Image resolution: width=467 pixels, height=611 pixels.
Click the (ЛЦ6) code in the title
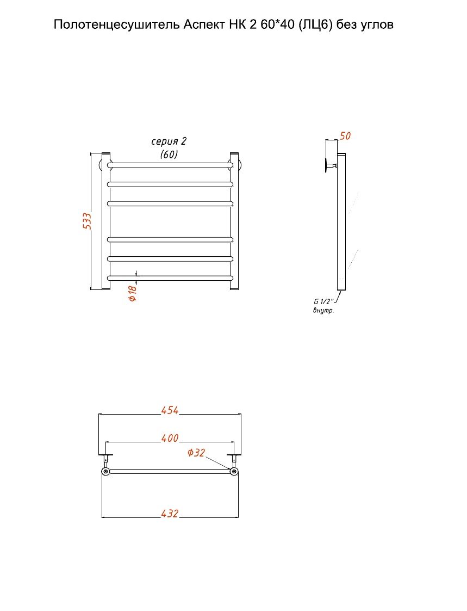pos(315,25)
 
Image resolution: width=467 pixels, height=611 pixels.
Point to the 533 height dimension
pos(87,221)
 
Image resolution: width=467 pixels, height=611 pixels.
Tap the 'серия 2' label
pos(169,141)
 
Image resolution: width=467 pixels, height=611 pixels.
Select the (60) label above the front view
pos(169,155)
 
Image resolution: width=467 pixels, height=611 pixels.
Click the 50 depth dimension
pos(345,136)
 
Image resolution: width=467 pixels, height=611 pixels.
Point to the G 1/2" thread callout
pos(323,301)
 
